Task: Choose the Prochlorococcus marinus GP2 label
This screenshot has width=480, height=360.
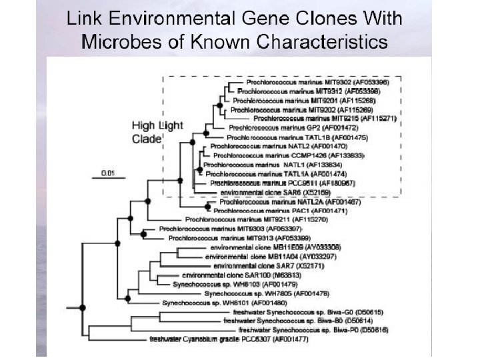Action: click(x=285, y=127)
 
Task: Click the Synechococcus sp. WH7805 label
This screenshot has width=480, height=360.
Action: click(x=266, y=293)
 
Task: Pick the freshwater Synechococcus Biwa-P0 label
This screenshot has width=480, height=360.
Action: click(x=305, y=330)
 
